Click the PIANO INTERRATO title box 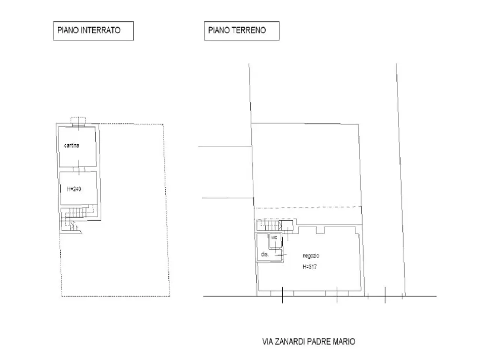pos(93,31)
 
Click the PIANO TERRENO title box pos(241,31)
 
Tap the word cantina pos(72,145)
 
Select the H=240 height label pos(74,189)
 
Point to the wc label pos(274,237)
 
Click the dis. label pos(265,254)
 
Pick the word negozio pos(311,256)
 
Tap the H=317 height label pos(310,267)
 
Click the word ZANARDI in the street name pos(289,341)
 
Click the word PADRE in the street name pos(319,341)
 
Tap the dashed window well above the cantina pos(78,120)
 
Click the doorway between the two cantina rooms pos(79,169)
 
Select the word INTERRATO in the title pos(100,30)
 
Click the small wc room pos(275,241)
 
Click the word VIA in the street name pos(267,341)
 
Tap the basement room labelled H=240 pos(78,188)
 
